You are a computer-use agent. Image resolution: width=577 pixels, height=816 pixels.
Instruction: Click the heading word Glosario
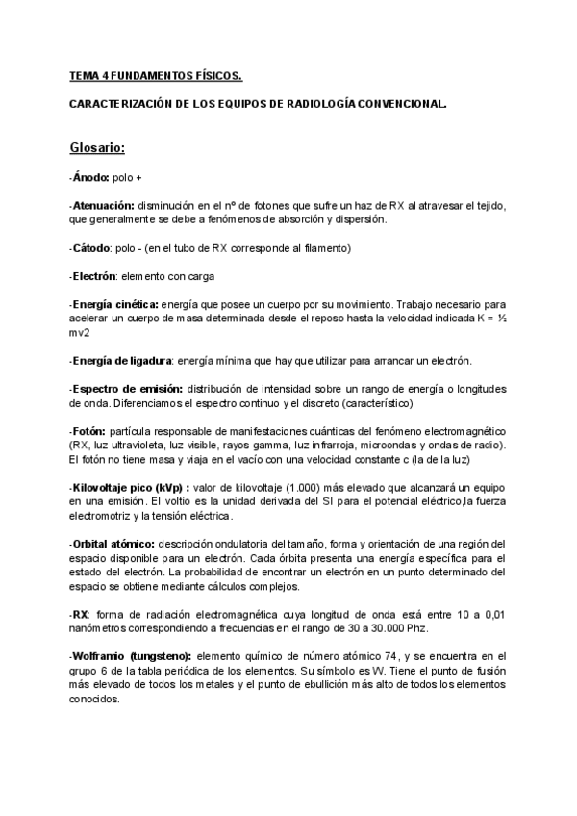[x=97, y=148]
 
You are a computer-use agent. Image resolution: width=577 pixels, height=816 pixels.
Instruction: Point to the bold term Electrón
[x=94, y=276]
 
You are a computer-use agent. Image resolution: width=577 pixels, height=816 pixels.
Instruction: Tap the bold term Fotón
[x=89, y=431]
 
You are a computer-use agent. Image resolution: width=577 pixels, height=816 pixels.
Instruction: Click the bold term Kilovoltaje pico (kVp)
[x=130, y=487]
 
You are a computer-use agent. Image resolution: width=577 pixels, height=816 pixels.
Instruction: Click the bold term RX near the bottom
[x=80, y=614]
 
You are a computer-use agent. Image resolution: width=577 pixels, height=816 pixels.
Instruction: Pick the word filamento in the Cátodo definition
[x=327, y=248]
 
